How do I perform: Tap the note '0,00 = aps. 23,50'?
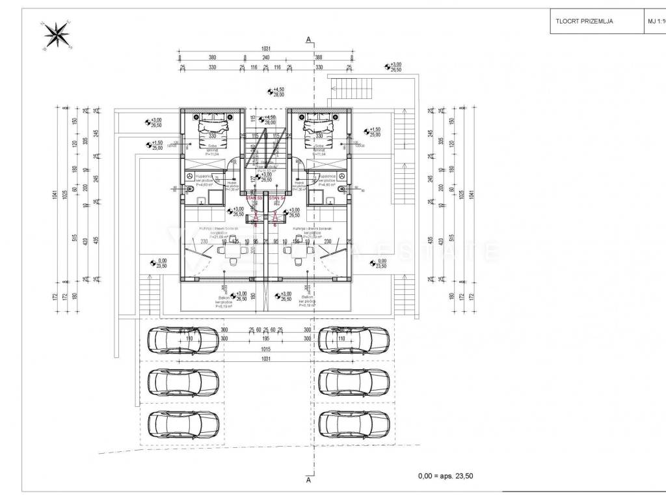pyautogui.click(x=446, y=476)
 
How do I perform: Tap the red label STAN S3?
pyautogui.click(x=256, y=197)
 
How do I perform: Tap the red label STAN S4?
pyautogui.click(x=276, y=197)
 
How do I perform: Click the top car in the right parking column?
pyautogui.click(x=354, y=340)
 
